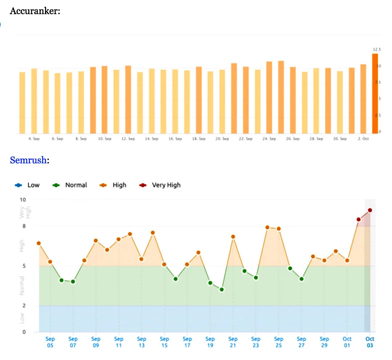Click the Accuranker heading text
pos(35,11)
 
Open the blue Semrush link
pos(28,160)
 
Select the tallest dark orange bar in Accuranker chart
pos(375,93)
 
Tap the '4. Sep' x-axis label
pos(34,139)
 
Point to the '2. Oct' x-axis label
pos(363,139)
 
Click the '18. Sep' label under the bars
pos(199,139)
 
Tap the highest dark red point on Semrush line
pos(370,210)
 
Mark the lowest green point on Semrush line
pos(221,290)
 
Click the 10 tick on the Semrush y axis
pos(23,200)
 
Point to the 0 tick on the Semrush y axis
pos(24,332)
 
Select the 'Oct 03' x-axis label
pos(369,342)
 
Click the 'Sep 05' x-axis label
pos(50,342)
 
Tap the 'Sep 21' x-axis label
pos(233,342)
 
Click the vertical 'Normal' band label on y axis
pos(22,286)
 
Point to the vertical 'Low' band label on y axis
pos(22,319)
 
